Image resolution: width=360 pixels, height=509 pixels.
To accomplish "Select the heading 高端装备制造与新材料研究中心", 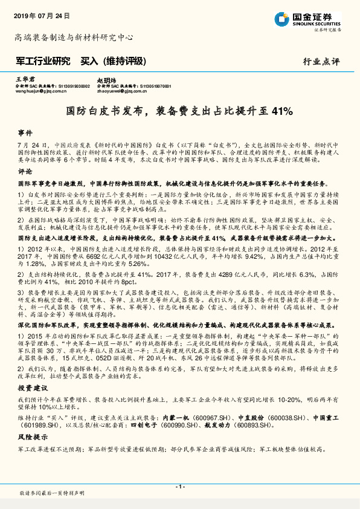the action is pyautogui.click(x=74, y=37).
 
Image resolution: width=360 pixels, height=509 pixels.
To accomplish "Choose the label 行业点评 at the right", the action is pyautogui.click(x=321, y=62).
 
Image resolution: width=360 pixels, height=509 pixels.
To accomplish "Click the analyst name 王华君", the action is pyautogui.click(x=22, y=80).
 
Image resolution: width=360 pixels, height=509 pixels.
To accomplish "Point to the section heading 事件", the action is pyautogui.click(x=25, y=132).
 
